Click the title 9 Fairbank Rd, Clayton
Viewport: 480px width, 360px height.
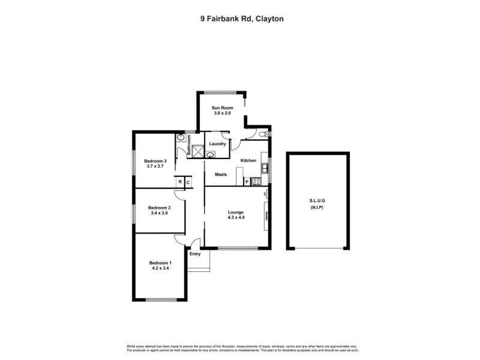(242, 19)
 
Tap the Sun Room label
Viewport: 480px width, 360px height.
(221, 107)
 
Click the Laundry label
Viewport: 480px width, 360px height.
(217, 143)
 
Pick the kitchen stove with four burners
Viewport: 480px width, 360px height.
(256, 181)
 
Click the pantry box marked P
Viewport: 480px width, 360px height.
(247, 181)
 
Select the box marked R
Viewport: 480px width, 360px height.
(179, 182)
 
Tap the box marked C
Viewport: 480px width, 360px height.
(188, 182)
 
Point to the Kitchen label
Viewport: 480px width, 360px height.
(248, 161)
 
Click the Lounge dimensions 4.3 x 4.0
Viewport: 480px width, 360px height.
(235, 218)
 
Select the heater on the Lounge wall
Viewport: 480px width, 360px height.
(266, 218)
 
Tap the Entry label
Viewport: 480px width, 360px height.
(195, 254)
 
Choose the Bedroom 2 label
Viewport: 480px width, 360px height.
(160, 208)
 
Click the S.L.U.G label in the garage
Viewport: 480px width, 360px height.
(318, 202)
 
